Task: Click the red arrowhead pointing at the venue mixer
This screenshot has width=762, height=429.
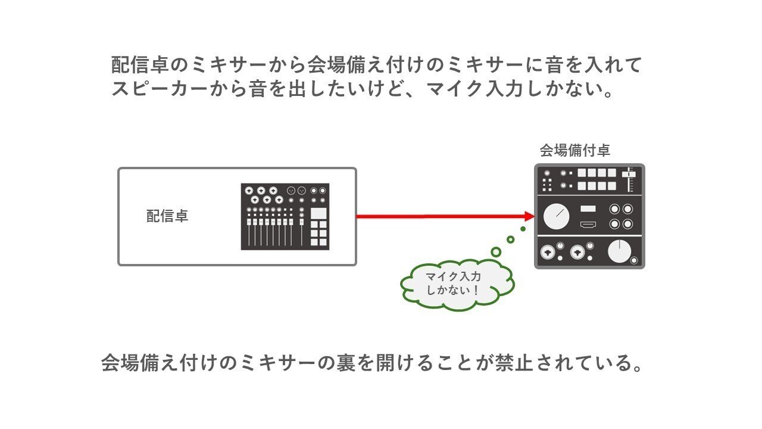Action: [527, 216]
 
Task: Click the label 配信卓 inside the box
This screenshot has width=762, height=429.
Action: [167, 216]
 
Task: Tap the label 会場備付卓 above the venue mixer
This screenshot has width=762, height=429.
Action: [574, 150]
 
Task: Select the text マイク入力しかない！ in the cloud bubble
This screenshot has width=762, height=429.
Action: [454, 284]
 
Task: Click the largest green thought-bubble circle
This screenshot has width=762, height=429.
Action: [495, 252]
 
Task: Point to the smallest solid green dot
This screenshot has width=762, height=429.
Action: [523, 229]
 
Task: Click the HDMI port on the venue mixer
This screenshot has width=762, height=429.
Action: [588, 225]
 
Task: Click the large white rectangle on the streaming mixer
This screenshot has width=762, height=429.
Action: [318, 213]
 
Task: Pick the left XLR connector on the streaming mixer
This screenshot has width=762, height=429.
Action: [292, 190]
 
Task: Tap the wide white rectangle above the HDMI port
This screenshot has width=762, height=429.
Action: [588, 208]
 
